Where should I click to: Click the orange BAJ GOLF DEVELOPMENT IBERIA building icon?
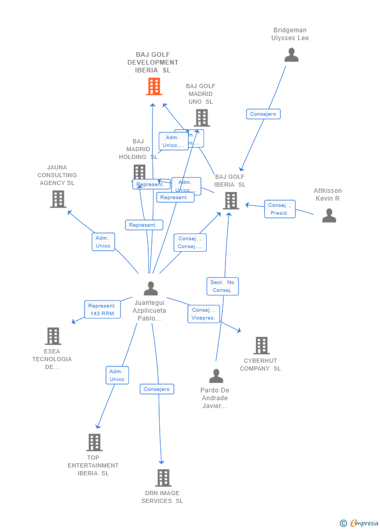153,87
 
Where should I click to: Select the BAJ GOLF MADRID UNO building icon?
201,118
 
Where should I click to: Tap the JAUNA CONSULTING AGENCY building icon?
58,199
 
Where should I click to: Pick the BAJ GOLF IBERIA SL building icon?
230,201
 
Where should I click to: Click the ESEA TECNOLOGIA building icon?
53,336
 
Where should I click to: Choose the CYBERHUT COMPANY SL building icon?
261,345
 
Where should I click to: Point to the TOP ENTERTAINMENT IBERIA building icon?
94,442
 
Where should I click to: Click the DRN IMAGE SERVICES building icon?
163,477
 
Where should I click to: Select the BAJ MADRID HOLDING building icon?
139,171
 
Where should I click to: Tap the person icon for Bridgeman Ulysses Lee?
291,55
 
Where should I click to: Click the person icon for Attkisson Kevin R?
329,215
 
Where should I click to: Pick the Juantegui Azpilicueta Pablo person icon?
151,288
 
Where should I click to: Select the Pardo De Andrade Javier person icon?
216,376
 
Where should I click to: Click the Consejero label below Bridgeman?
263,114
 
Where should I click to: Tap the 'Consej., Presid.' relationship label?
280,209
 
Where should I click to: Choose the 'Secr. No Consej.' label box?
222,286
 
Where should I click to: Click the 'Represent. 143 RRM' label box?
102,310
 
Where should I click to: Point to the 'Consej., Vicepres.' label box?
204,314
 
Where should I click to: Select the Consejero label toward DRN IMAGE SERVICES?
157,389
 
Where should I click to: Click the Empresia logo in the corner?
360,523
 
